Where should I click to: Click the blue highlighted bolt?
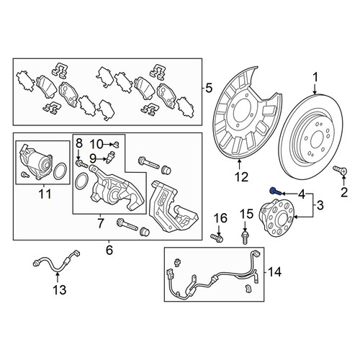(x=275, y=192)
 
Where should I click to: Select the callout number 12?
(x=241, y=177)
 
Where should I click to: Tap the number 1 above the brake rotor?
(x=315, y=78)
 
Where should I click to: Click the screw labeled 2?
(x=341, y=171)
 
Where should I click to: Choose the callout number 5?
(x=209, y=88)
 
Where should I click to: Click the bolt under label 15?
(x=245, y=238)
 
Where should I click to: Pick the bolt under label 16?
(x=217, y=238)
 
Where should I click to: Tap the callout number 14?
(x=274, y=272)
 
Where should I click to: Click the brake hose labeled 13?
(x=57, y=264)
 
